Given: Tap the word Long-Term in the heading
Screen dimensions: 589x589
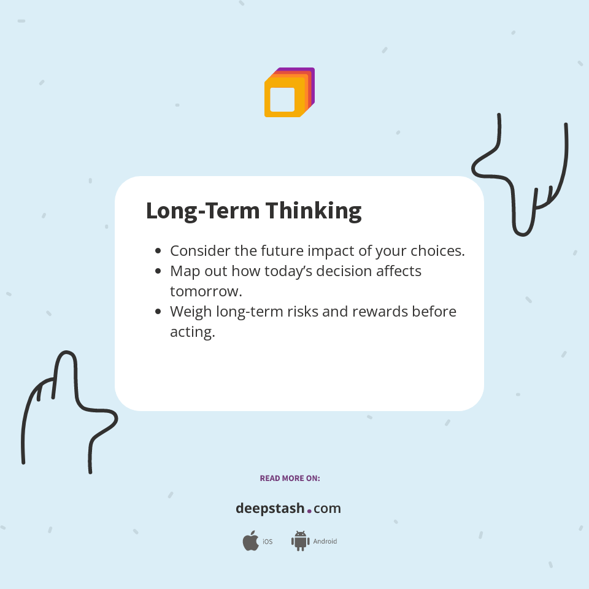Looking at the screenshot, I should [196, 211].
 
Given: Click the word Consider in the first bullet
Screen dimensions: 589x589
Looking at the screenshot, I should [200, 251].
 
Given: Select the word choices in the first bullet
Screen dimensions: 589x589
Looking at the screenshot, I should [439, 251].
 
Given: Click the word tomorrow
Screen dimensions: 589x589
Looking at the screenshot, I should [206, 291].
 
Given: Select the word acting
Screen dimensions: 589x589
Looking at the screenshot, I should [192, 332].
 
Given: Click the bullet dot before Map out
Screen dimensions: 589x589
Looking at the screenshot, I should [158, 271].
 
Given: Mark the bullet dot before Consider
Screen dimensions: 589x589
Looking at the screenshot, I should [158, 251].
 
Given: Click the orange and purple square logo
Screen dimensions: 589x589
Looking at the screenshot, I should [290, 93].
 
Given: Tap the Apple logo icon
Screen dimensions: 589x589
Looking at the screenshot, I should [250, 541].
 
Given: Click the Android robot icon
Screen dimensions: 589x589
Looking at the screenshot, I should [300, 541].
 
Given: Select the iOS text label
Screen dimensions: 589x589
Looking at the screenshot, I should [268, 542].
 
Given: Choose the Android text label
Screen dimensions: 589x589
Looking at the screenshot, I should [325, 542].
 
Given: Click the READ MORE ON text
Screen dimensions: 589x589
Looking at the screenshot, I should [290, 478].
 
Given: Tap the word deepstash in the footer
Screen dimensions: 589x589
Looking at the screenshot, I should [270, 509].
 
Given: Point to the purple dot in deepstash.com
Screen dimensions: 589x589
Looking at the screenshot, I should [309, 510].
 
